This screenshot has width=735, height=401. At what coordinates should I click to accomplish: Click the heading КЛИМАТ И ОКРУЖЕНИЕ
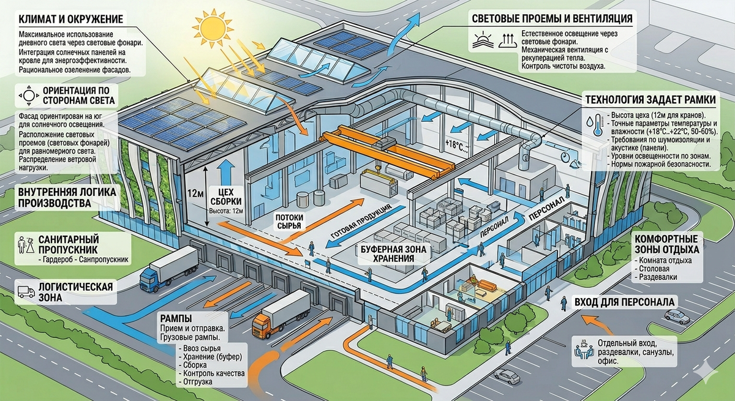pyautogui.click(x=71, y=19)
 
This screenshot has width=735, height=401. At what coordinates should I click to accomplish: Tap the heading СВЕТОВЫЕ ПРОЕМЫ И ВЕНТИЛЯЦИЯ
pyautogui.click(x=552, y=18)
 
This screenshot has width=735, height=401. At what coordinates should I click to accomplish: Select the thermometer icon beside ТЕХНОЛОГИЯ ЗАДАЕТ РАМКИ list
pyautogui.click(x=595, y=124)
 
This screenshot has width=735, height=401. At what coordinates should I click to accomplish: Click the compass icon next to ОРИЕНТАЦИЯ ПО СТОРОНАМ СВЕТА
pyautogui.click(x=29, y=96)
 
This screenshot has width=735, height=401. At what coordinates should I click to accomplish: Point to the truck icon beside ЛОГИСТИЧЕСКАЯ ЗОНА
pyautogui.click(x=26, y=291)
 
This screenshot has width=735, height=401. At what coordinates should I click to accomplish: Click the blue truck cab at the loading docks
pyautogui.click(x=151, y=280)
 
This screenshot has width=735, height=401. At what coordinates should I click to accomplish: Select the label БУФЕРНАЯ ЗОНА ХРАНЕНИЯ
pyautogui.click(x=393, y=254)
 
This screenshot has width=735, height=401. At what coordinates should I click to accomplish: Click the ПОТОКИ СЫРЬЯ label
pyautogui.click(x=289, y=222)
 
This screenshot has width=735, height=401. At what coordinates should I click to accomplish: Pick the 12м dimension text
pyautogui.click(x=195, y=193)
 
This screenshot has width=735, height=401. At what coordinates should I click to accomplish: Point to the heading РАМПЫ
pyautogui.click(x=176, y=318)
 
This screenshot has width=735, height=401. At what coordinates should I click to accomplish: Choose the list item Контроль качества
pyautogui.click(x=214, y=373)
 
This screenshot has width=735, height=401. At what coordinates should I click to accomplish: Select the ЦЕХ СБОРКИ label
pyautogui.click(x=226, y=197)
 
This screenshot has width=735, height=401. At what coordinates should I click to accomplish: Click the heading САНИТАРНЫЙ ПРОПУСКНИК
pyautogui.click(x=69, y=244)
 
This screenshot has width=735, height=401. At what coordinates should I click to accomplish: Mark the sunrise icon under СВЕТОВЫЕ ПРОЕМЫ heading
pyautogui.click(x=483, y=41)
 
